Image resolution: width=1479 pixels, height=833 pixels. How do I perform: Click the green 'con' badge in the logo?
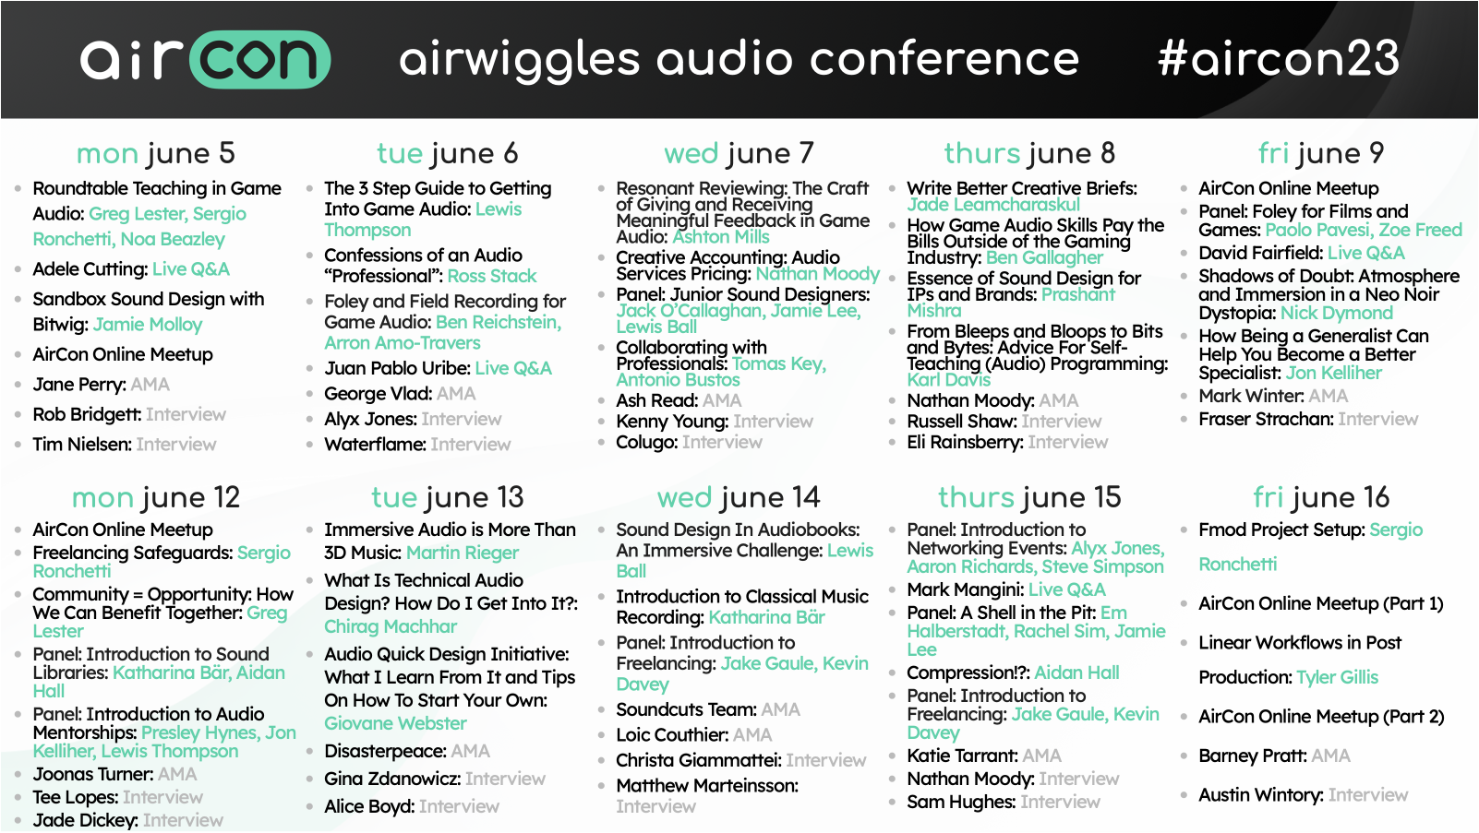point(259,59)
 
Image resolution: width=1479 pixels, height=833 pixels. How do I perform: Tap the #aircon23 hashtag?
point(1279,58)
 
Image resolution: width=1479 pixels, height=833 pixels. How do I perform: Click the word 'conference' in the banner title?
point(944,59)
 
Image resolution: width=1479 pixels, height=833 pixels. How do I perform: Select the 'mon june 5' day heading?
point(156,154)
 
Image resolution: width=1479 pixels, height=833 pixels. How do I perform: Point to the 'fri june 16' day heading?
point(1321,497)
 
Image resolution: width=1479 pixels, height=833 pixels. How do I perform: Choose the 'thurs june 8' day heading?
point(1029,154)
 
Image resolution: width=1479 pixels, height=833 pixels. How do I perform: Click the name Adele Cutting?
point(90,269)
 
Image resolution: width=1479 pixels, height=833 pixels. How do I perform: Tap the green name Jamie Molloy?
point(148,325)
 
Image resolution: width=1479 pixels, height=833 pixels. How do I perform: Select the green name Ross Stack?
point(492,276)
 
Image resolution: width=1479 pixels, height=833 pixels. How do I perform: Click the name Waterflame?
point(374,445)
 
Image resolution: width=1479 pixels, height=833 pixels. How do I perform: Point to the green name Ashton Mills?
point(721,237)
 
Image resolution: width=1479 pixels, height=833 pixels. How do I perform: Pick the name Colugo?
point(645,442)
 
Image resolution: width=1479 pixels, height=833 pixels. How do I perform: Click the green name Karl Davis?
point(949,380)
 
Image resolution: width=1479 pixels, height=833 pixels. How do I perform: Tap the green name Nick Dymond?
point(1337,313)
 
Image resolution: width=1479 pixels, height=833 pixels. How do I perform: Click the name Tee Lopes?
point(75,797)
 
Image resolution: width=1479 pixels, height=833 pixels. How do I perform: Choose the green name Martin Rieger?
point(463,553)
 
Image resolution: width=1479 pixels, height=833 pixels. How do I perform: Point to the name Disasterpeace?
point(384,751)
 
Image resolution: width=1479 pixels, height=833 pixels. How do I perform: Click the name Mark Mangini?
point(965,589)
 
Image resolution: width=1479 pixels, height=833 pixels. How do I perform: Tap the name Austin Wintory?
point(1260,795)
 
